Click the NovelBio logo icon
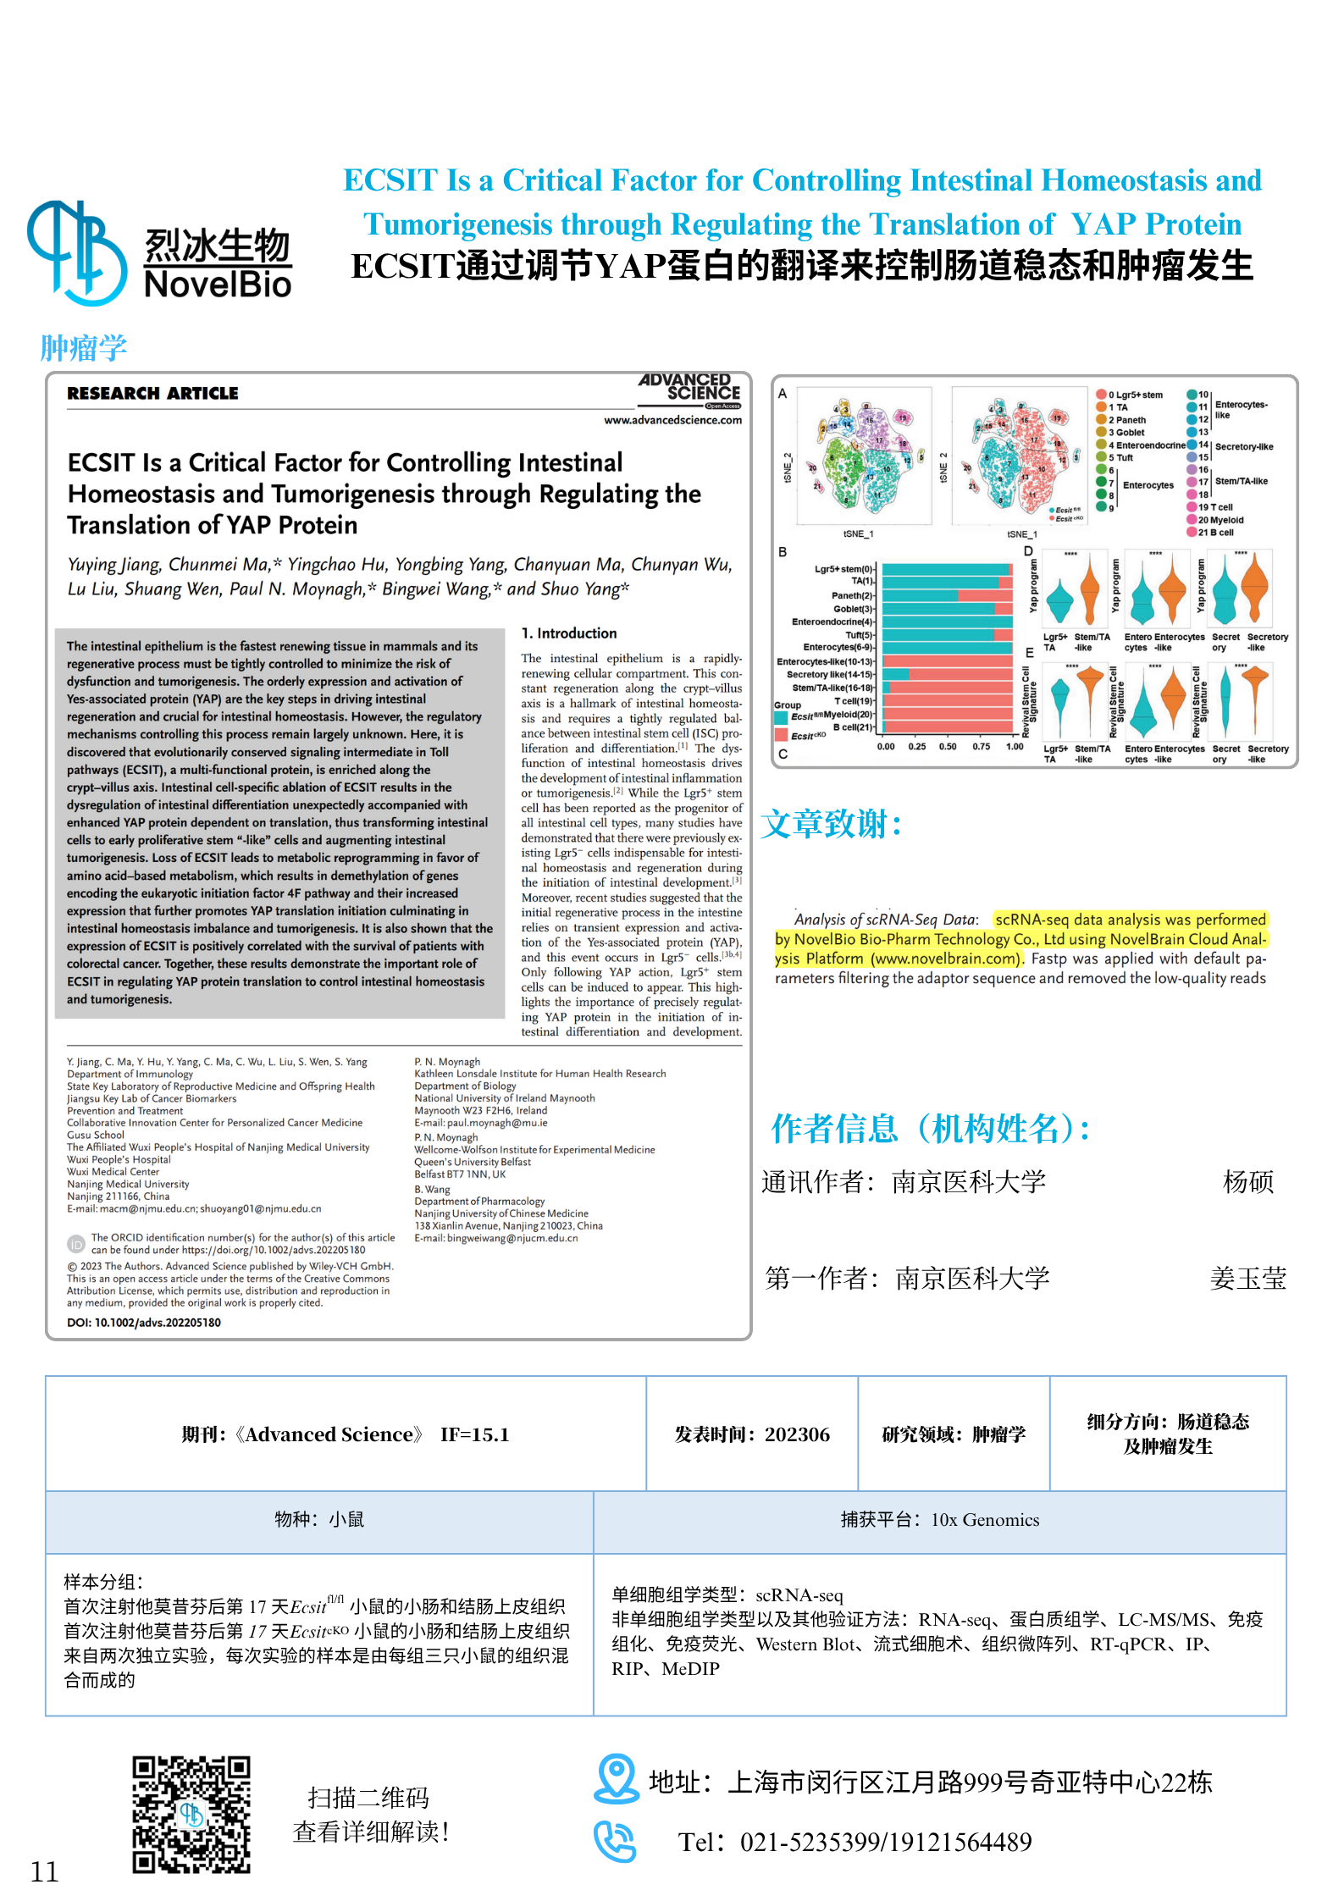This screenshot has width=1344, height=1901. (77, 251)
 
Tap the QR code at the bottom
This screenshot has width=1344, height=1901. (191, 1814)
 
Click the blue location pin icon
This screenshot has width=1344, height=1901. (616, 1778)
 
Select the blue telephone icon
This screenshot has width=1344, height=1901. (614, 1841)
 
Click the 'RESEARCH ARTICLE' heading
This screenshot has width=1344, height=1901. (152, 394)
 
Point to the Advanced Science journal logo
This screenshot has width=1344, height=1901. (690, 390)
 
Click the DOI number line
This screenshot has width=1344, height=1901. (144, 1323)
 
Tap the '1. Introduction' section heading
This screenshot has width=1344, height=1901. (569, 633)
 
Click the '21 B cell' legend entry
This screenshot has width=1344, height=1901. (1214, 533)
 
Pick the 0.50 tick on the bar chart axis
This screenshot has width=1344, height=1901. (948, 747)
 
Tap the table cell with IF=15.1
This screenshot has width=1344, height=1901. (346, 1434)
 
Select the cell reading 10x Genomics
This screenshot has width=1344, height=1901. (939, 1520)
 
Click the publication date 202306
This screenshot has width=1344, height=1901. (752, 1434)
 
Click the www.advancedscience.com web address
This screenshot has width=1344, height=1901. (672, 420)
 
